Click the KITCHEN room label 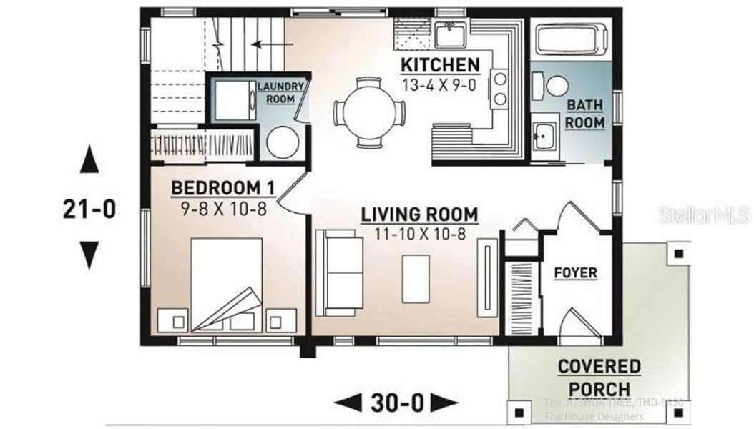[440, 65]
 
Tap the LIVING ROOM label [419, 214]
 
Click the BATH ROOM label [585, 114]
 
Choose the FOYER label [575, 273]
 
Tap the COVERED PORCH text [599, 378]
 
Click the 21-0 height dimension [89, 208]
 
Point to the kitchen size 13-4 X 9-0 [440, 84]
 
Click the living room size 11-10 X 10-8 [419, 232]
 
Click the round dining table [369, 112]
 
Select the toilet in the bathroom [554, 84]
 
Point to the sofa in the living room [338, 272]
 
